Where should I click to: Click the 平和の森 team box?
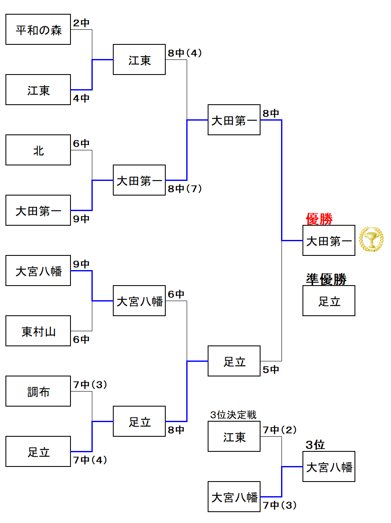38,30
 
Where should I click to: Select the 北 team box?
38,150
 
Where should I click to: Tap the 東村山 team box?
38,331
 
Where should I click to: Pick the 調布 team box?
38,392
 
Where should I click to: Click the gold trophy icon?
371,239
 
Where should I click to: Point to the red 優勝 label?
319,219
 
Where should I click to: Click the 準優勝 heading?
326,279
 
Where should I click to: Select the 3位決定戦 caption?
233,415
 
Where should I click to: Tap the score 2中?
81,23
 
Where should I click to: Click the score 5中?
271,370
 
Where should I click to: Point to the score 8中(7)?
185,189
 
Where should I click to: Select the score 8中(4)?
185,53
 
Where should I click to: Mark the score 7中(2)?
280,430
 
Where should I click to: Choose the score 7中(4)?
90,460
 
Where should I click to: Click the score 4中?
81,98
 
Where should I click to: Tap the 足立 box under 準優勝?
329,301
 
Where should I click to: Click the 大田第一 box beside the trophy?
329,240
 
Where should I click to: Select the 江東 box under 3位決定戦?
234,436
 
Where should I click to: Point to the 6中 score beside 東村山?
81,340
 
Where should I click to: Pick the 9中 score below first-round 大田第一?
81,219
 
